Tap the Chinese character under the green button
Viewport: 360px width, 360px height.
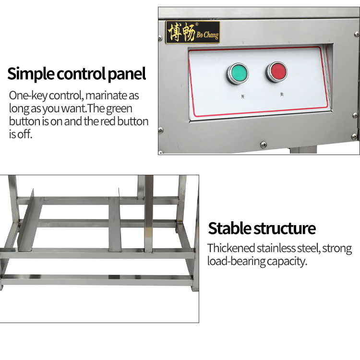pos(242,96)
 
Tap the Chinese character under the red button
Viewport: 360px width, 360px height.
pos(282,95)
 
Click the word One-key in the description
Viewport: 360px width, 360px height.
pos(27,96)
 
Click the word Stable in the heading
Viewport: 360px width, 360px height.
pos(229,228)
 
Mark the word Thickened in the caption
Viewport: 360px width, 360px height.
pos(231,249)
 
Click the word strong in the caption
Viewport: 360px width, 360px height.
pos(338,249)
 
